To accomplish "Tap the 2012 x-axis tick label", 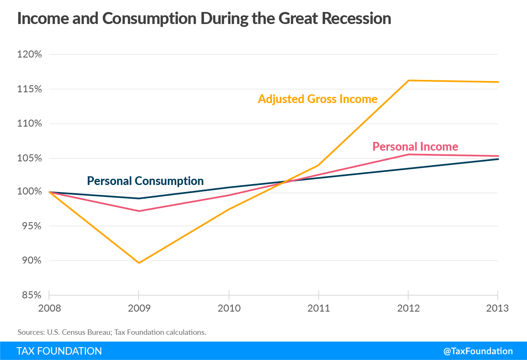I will (408, 308).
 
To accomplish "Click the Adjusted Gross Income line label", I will (318, 99).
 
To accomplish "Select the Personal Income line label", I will (415, 146).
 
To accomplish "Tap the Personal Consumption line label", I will (145, 181).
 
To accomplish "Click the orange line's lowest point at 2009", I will (139, 263).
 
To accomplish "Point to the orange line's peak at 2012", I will (408, 80).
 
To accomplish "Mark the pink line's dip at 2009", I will (139, 211).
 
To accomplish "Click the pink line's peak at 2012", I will (408, 154).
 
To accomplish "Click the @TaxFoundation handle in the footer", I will (478, 351).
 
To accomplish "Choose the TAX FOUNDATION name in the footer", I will (59, 351).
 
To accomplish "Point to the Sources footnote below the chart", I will (112, 332).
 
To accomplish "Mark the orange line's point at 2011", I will (319, 165).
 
